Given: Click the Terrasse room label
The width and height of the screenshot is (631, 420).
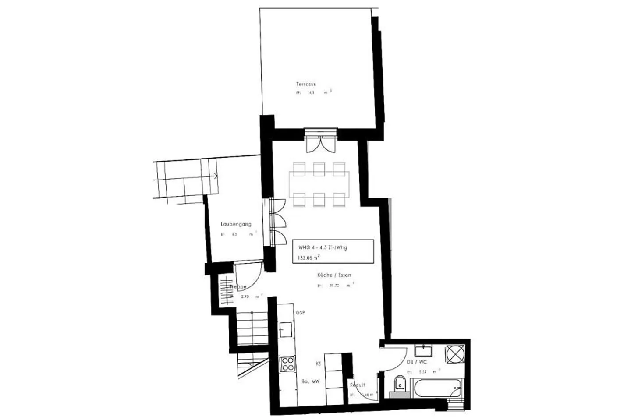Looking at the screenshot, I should point(306,84).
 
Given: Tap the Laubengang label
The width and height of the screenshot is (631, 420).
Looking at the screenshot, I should point(236,224).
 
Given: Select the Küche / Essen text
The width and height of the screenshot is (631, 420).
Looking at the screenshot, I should point(334,275).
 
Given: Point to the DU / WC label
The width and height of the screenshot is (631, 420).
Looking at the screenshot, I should point(416,362).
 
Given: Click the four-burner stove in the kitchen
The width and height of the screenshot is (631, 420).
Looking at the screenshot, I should point(287,364).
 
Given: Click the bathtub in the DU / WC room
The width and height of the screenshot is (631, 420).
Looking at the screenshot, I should point(436,388).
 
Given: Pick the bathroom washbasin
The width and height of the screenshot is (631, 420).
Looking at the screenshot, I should point(423,350).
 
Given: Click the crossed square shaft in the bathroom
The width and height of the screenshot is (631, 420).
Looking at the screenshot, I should point(455,354).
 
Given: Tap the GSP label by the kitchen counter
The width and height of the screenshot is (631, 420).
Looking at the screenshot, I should point(300,313).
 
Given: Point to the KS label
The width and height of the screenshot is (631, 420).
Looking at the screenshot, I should point(318,364).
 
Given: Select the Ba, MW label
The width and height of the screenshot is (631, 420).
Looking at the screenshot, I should point(311,381).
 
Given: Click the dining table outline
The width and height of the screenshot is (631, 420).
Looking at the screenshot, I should point(319,184).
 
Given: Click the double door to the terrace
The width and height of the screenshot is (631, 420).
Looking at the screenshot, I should point(321,142).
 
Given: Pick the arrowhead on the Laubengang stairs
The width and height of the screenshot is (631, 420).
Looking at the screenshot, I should point(216,176).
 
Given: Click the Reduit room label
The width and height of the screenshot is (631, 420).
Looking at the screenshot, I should point(357,385).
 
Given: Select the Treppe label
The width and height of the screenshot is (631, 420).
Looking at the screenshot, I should point(238,287).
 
